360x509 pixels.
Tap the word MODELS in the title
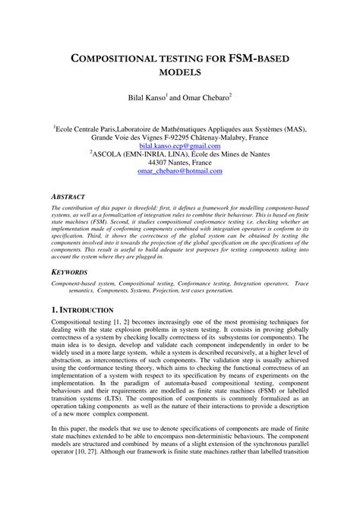(x=179, y=73)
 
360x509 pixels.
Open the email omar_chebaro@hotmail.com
(x=179, y=172)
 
